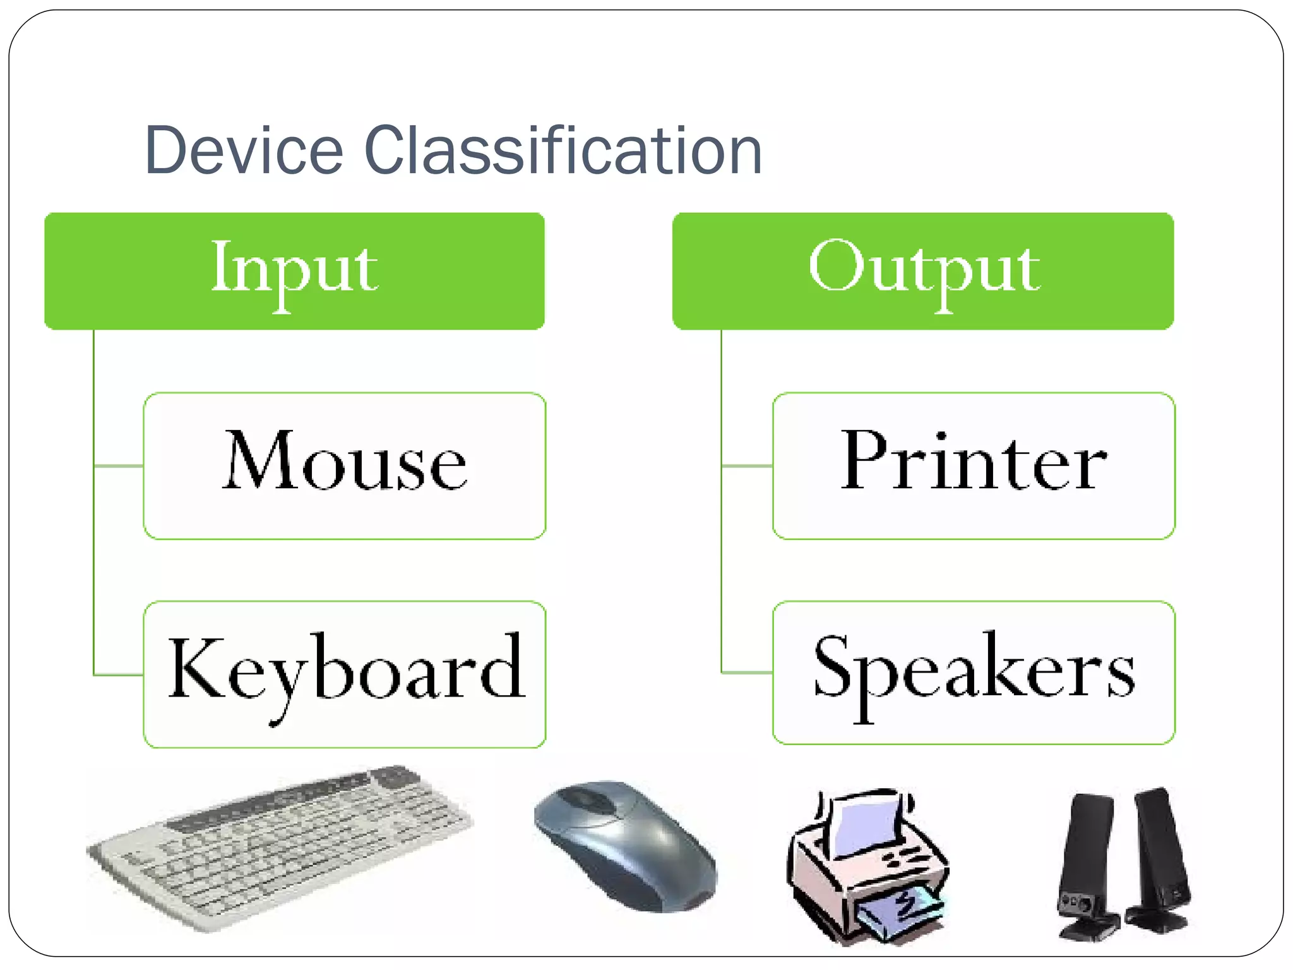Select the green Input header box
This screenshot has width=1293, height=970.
[294, 271]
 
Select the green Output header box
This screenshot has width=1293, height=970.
[923, 271]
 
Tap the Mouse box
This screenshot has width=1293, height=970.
[345, 466]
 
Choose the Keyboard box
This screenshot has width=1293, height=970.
[345, 674]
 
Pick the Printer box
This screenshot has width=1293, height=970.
[974, 466]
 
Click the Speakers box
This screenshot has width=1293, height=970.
[974, 673]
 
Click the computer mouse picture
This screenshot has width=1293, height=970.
[625, 846]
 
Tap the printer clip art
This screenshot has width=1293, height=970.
[868, 868]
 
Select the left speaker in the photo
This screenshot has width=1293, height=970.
[1086, 865]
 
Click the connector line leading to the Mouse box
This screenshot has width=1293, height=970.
[119, 466]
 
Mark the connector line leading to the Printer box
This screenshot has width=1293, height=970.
[747, 466]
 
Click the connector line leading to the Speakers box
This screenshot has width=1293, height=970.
[747, 673]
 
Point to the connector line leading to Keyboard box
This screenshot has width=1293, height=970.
[119, 675]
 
